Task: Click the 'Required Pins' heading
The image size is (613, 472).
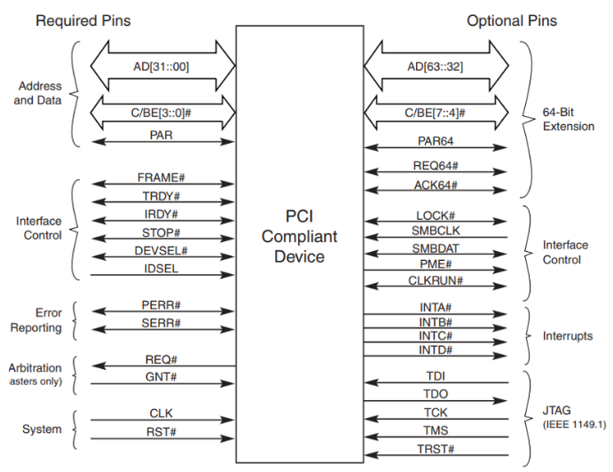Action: [x=83, y=20]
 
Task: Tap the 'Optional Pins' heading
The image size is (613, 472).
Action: [x=512, y=20]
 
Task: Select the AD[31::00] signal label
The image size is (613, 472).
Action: [x=161, y=67]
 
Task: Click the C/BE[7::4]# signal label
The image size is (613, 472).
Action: [x=435, y=113]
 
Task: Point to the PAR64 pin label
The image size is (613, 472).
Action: [x=436, y=141]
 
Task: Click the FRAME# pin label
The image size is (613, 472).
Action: [x=161, y=177]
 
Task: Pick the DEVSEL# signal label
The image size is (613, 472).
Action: [x=161, y=251]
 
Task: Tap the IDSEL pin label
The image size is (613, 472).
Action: [x=161, y=269]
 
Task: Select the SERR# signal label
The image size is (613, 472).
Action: [x=161, y=323]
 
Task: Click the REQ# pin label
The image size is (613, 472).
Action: [x=161, y=359]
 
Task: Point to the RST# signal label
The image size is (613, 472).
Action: [x=161, y=432]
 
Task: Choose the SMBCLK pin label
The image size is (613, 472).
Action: [x=436, y=231]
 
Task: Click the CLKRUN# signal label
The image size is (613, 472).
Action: [x=436, y=280]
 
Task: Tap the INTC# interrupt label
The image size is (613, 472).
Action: [x=436, y=336]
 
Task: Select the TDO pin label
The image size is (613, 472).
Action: [x=436, y=394]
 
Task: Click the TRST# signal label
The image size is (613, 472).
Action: [x=436, y=449]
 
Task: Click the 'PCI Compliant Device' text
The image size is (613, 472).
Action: [x=300, y=236]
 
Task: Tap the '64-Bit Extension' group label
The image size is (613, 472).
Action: [x=569, y=119]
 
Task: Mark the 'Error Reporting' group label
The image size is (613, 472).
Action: [x=36, y=320]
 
